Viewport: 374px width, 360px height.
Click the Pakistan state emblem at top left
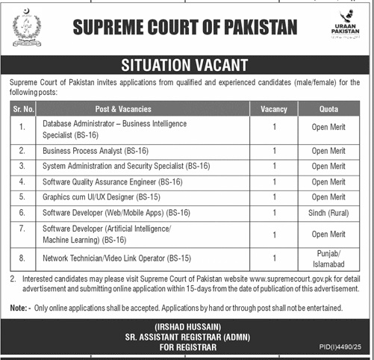pyautogui.click(x=27, y=31)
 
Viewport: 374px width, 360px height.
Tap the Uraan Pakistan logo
pyautogui.click(x=344, y=31)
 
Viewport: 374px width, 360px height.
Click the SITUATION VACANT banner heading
pyautogui.click(x=187, y=65)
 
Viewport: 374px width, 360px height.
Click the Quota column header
pyautogui.click(x=329, y=109)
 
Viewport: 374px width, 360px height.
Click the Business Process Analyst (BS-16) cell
pyautogui.click(x=96, y=151)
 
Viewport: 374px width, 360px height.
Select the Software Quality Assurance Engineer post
pyautogui.click(x=113, y=181)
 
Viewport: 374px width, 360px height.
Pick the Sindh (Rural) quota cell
pyautogui.click(x=329, y=212)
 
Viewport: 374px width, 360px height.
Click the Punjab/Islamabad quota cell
pyautogui.click(x=329, y=258)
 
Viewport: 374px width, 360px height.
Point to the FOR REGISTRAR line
pyautogui.click(x=187, y=348)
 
